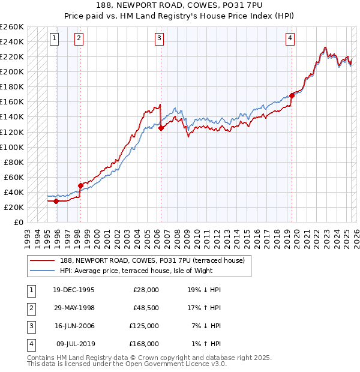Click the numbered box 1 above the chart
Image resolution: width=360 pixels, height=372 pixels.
[x=54, y=38]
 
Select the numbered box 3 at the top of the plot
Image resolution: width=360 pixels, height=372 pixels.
[x=160, y=38]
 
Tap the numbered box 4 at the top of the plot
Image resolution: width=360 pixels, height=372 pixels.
[x=290, y=38]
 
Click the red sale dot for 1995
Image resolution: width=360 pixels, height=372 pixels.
[x=56, y=201]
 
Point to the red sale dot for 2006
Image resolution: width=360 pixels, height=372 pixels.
[x=161, y=128]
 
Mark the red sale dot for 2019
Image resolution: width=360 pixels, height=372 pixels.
[x=292, y=95]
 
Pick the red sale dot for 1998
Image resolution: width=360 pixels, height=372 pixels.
[x=80, y=185]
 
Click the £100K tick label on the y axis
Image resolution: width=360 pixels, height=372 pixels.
[x=12, y=147]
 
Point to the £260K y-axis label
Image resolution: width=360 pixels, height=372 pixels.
[x=12, y=27]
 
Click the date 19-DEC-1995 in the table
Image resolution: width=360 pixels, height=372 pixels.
[x=73, y=289]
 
